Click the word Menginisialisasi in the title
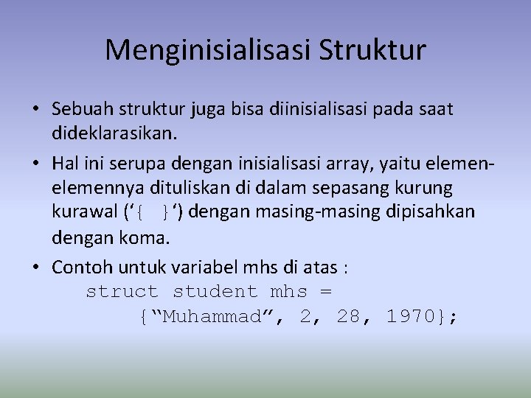click(208, 50)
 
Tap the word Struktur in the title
click(372, 50)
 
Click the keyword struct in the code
click(122, 292)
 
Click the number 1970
click(411, 318)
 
